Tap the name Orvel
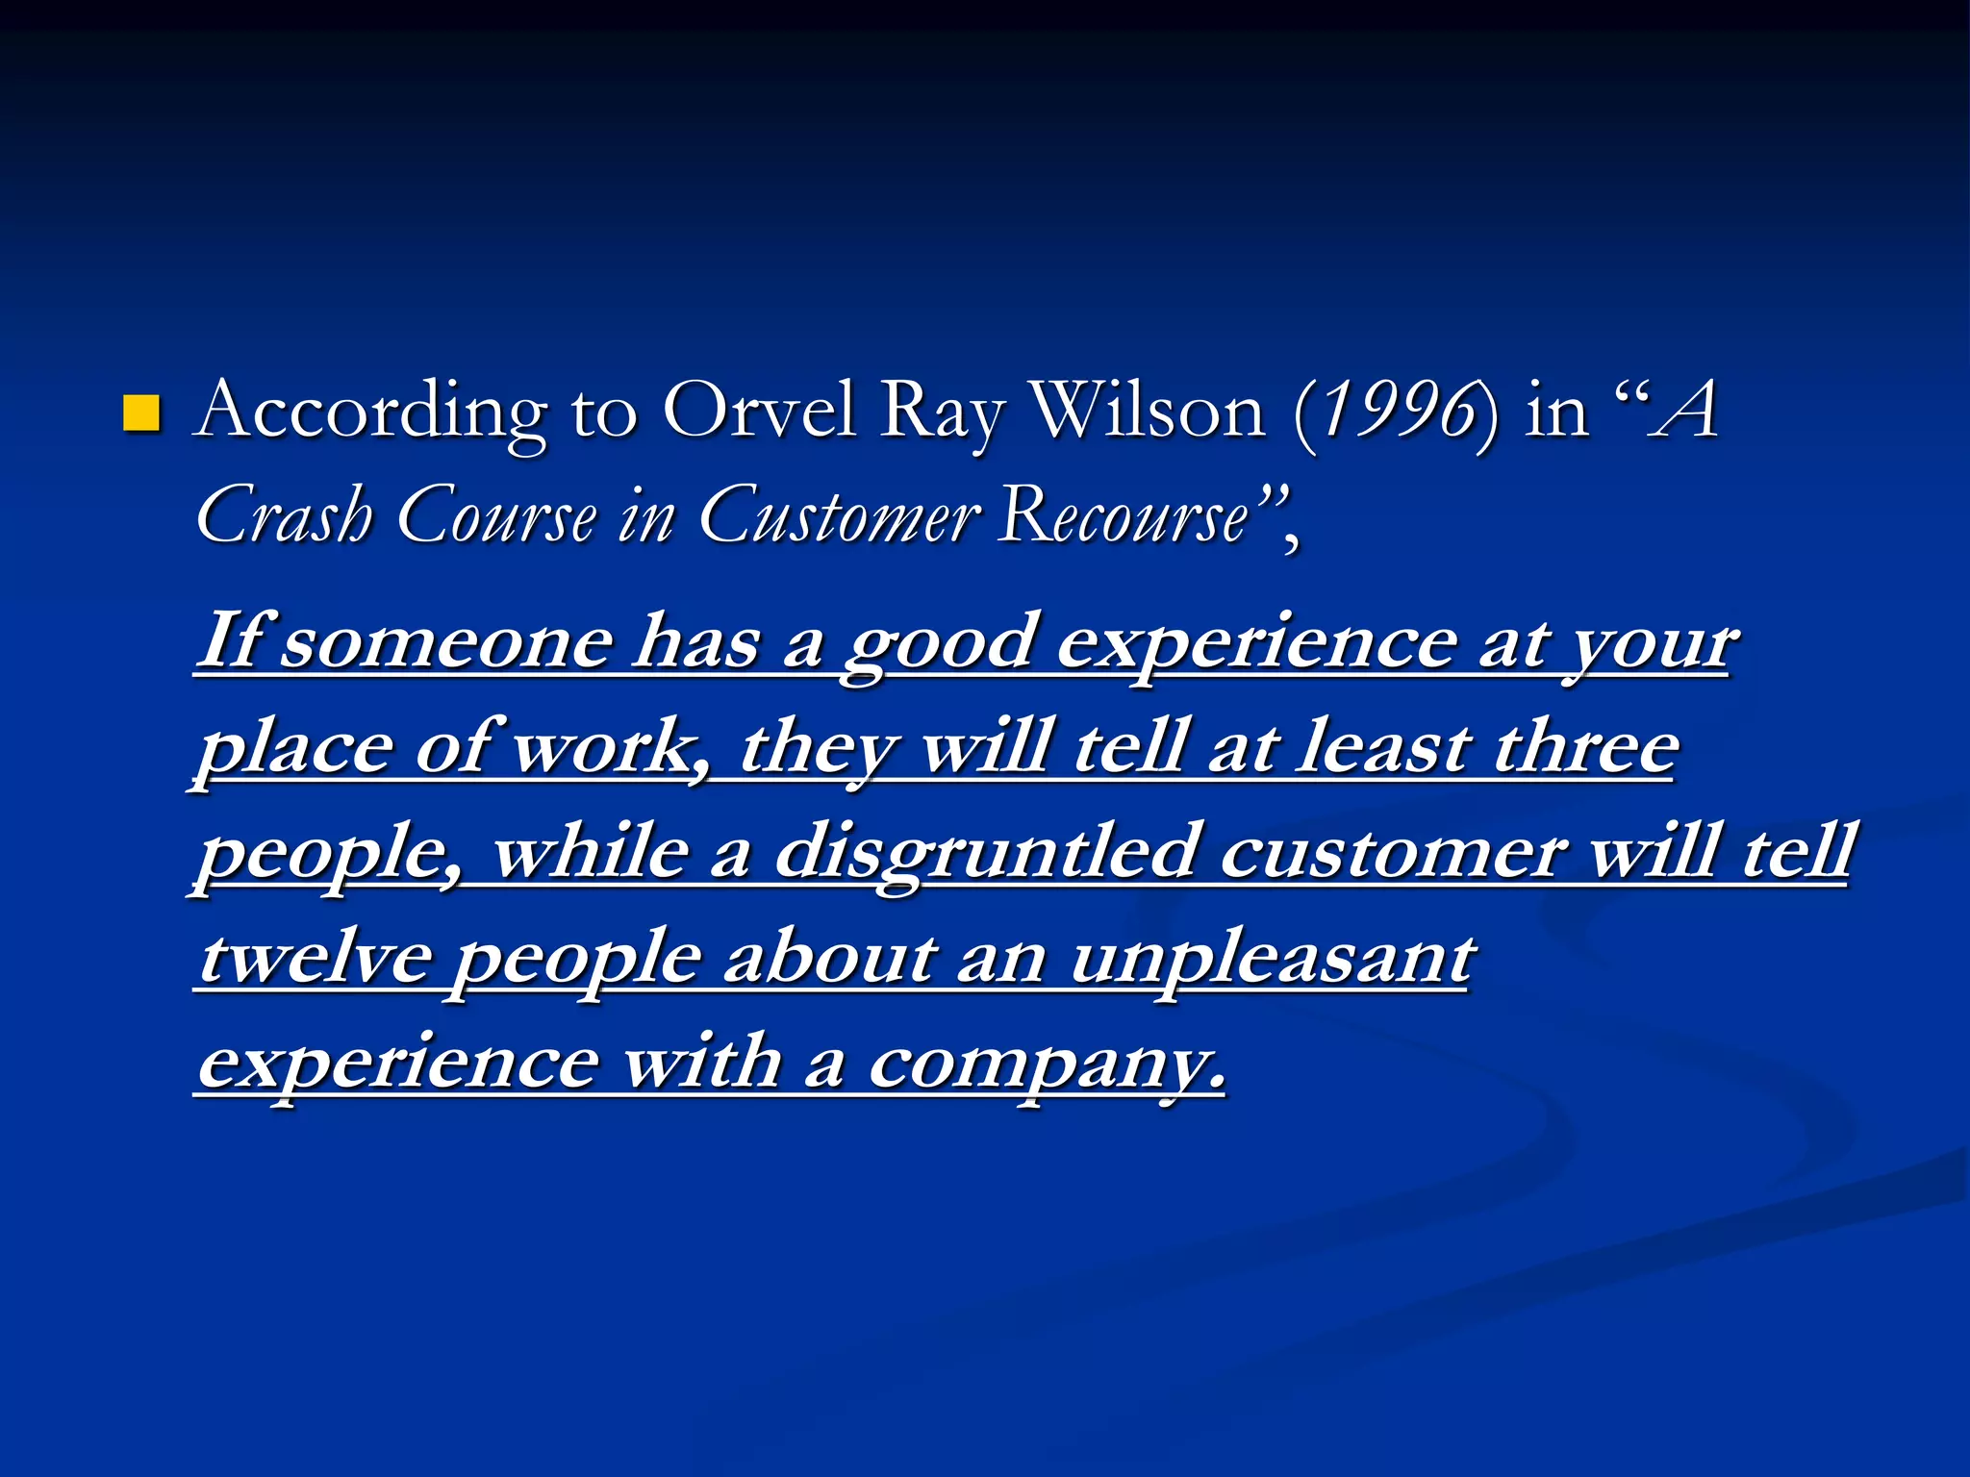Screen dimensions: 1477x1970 pos(760,412)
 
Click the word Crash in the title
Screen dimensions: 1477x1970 pos(284,515)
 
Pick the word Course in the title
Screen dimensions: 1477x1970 pos(496,515)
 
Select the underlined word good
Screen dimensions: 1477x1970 pos(940,642)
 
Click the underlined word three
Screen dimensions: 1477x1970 pos(1586,747)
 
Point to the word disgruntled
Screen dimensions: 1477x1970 pos(985,853)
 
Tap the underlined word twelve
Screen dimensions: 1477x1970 pos(315,958)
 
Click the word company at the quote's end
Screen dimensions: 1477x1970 pos(1046,1064)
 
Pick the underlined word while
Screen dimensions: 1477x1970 pos(591,853)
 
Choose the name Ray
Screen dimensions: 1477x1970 pos(944,412)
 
